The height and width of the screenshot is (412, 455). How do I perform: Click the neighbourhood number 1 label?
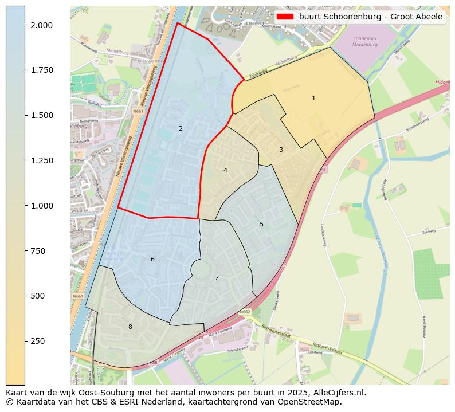313,99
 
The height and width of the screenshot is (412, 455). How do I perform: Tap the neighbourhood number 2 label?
181,129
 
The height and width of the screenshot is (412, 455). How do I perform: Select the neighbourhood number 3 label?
281,150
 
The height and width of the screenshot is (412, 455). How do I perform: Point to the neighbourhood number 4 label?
225,171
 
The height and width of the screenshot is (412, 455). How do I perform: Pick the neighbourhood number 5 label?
261,225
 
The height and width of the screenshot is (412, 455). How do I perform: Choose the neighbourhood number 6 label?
152,260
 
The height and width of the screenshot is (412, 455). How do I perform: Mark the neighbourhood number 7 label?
217,278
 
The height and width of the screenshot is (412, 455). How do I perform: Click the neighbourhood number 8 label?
130,327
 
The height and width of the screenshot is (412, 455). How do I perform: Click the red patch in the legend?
285,17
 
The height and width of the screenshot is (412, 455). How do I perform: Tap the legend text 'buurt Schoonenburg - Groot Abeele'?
371,17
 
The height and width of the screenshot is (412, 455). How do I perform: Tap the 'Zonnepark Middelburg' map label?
365,41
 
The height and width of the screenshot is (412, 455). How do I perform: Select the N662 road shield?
245,312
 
